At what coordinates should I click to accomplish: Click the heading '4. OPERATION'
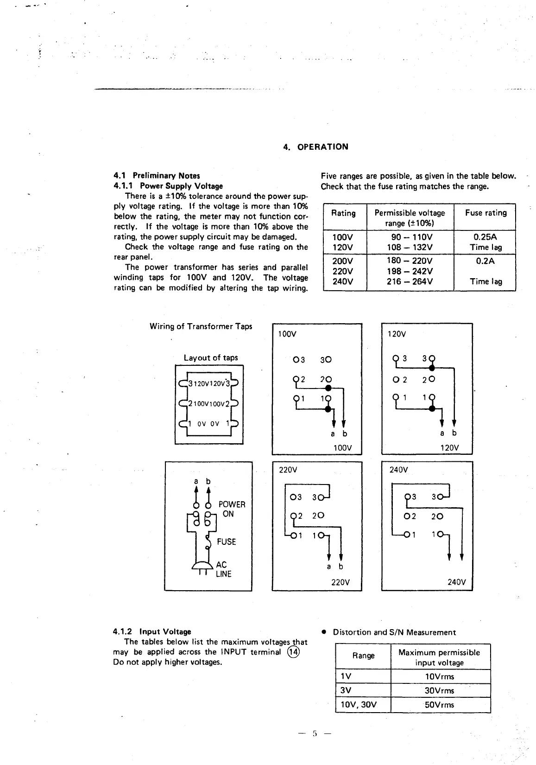coord(315,147)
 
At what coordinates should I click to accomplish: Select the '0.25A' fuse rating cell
coord(485,237)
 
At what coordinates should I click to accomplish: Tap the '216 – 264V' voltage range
coord(410,281)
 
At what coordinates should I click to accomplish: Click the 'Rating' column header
coord(343,213)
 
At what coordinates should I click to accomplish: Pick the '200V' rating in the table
coord(342,261)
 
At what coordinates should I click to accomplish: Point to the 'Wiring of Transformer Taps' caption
coord(201,326)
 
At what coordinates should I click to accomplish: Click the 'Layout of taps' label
coord(210,358)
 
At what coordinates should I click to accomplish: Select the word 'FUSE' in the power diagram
coord(226,542)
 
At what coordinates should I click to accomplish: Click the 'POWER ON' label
coord(232,509)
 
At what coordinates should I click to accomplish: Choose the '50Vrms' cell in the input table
coord(440,705)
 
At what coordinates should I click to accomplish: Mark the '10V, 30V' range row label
coord(359,705)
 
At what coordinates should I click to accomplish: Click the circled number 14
coord(293,652)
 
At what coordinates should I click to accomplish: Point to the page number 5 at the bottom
coord(315,733)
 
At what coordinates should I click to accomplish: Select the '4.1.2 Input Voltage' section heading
coord(152,631)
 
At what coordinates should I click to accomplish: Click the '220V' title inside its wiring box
coord(288,470)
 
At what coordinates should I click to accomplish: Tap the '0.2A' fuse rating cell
coord(485,261)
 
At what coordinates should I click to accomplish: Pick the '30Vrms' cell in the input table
coord(440,690)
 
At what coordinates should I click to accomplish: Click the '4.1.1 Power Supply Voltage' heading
coord(168,186)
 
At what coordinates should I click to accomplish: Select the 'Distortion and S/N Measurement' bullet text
coord(394,632)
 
